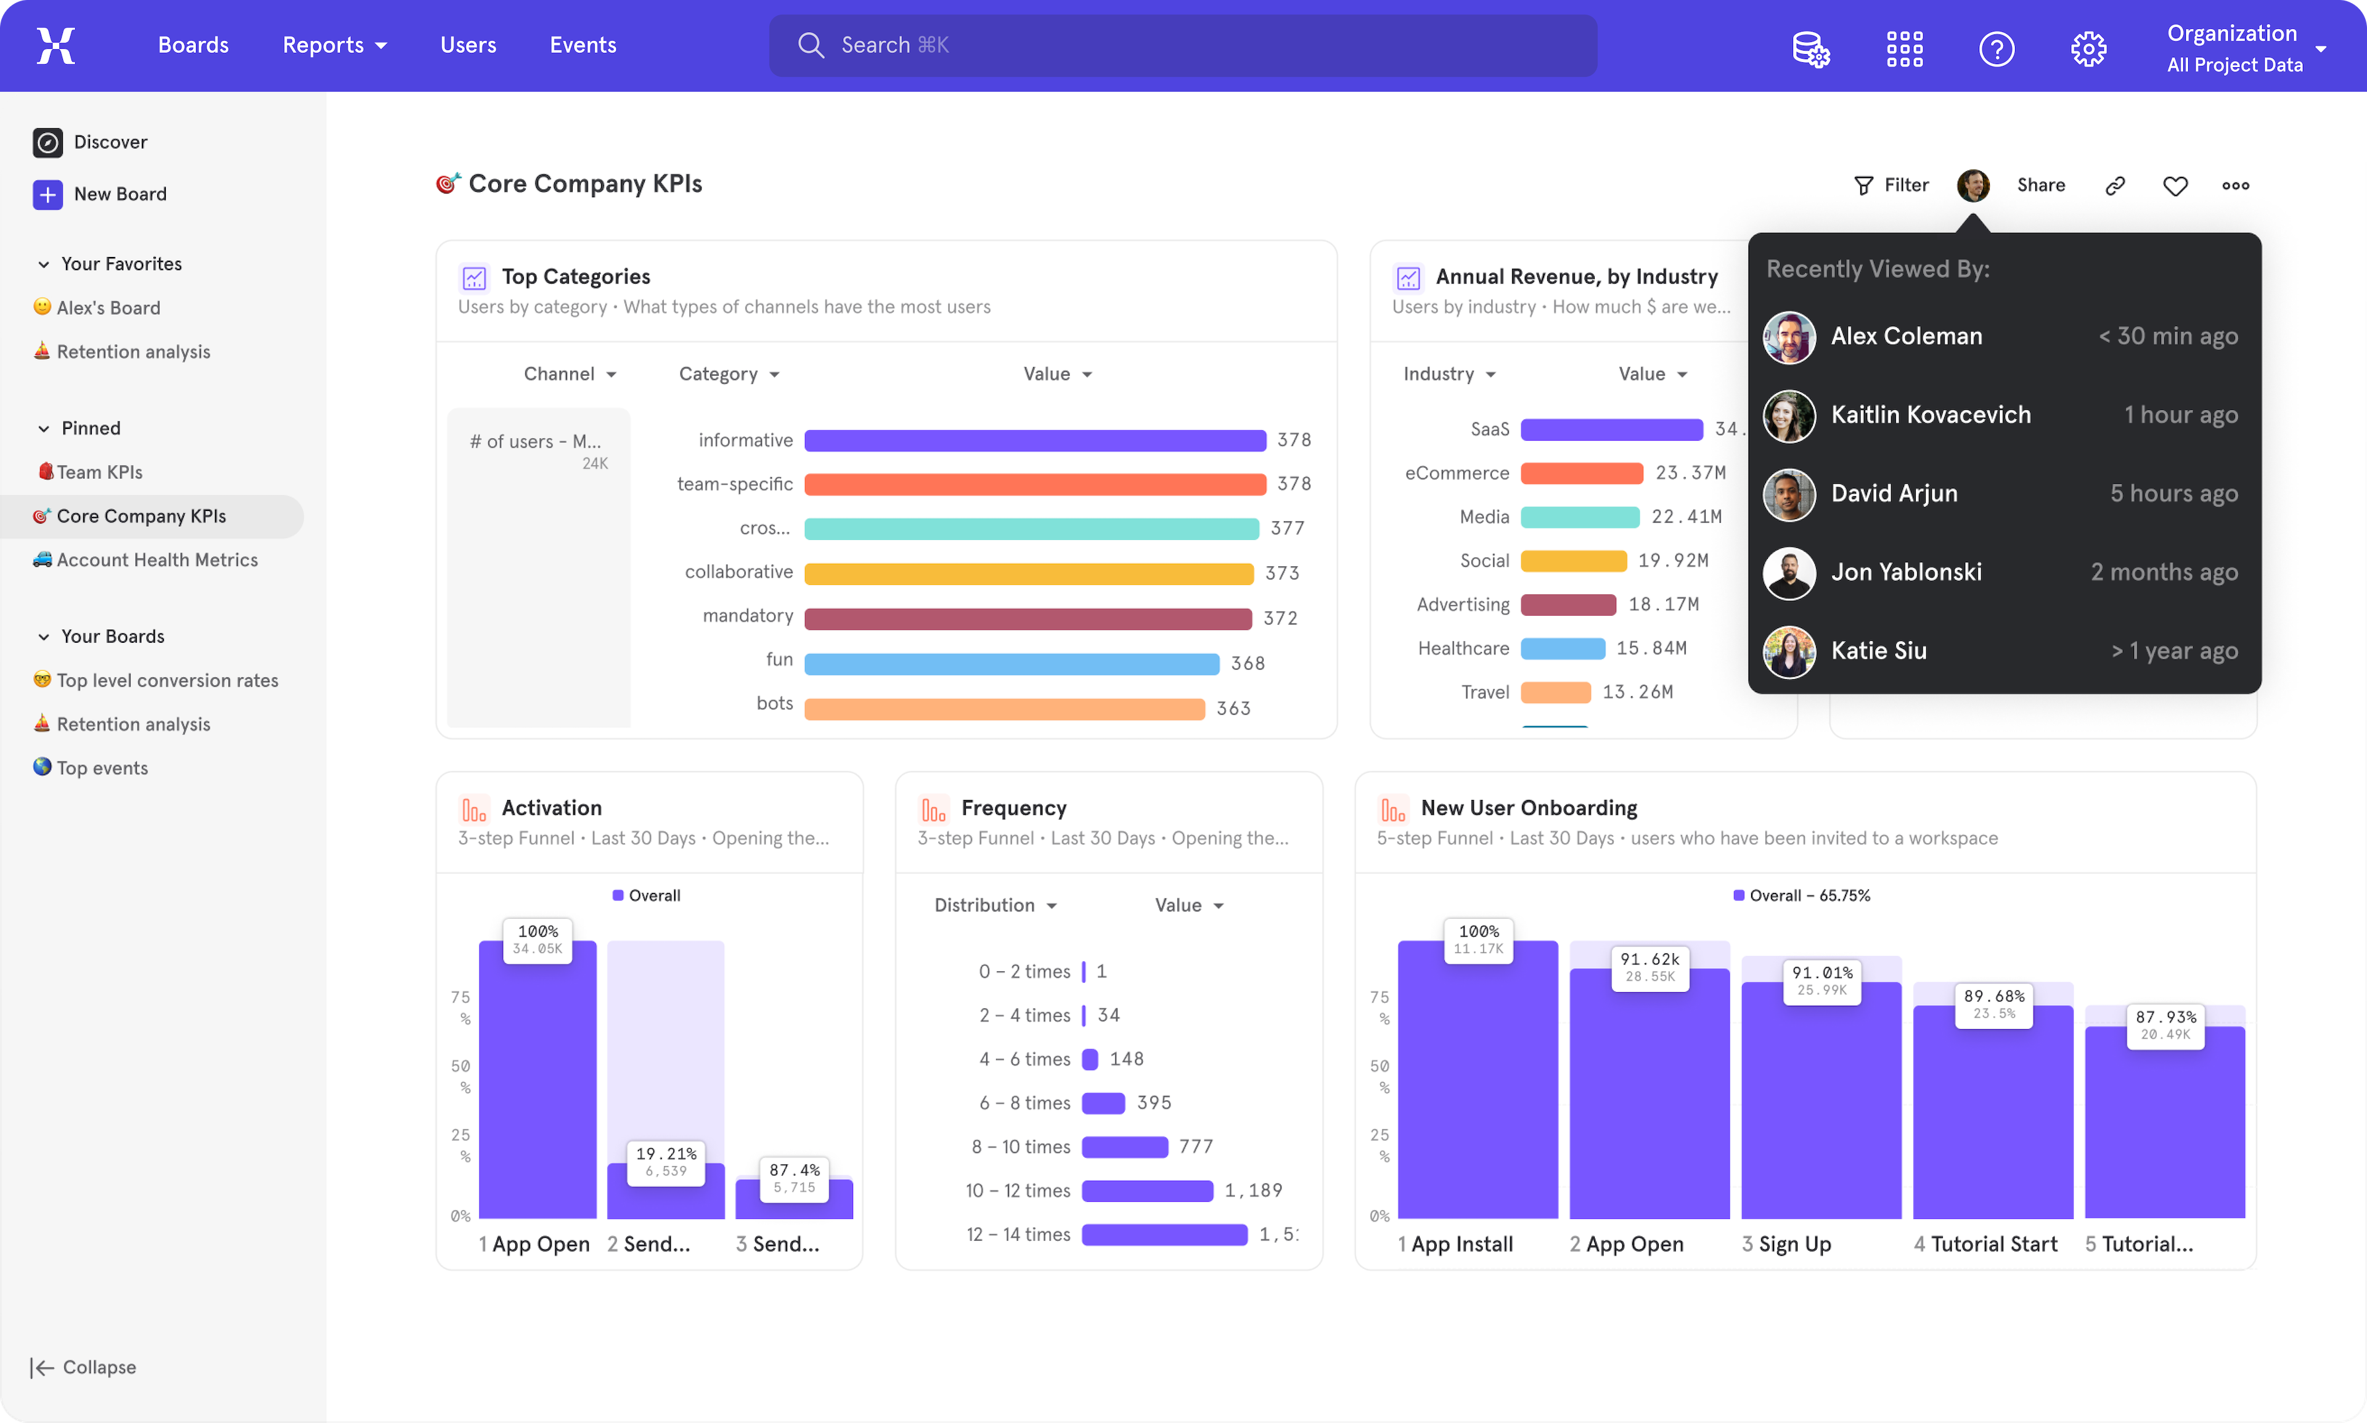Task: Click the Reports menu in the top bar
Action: click(333, 45)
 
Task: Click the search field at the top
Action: click(1182, 45)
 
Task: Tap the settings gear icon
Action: click(2088, 48)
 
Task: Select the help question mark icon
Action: click(1996, 48)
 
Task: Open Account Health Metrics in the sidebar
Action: click(157, 560)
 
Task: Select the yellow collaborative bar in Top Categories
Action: click(1028, 573)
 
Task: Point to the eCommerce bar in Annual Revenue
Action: click(1582, 473)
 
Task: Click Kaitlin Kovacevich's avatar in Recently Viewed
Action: click(1789, 415)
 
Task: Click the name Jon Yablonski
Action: click(1906, 573)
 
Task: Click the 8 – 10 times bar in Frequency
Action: click(1124, 1147)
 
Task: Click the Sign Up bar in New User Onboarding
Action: click(1820, 1103)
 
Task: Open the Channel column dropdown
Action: click(570, 374)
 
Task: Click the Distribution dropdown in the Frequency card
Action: click(994, 905)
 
